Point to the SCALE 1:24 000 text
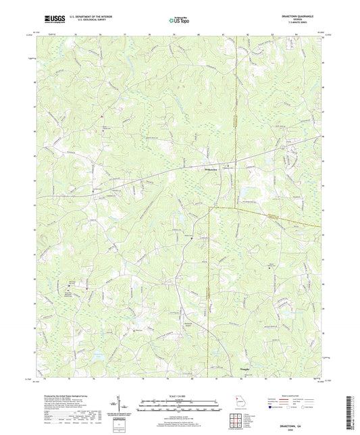(x=179, y=396)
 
